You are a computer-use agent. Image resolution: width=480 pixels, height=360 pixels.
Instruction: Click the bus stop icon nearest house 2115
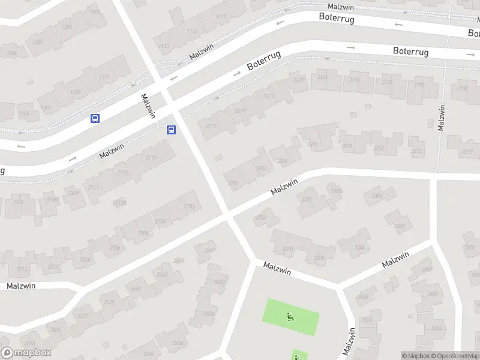point(171,130)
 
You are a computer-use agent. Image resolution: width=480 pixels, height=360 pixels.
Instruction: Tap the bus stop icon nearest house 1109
point(94,118)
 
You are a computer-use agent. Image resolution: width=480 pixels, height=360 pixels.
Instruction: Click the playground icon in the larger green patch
point(291,317)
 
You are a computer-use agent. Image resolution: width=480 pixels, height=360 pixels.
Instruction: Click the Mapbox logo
point(26,353)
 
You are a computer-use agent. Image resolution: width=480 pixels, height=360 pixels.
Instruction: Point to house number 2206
point(312,144)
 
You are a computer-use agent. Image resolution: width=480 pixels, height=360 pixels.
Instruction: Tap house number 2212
point(416,151)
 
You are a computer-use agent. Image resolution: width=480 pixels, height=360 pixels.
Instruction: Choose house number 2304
point(377,196)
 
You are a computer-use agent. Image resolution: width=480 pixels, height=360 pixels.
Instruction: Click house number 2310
point(288,248)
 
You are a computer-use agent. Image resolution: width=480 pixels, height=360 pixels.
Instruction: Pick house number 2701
point(190,206)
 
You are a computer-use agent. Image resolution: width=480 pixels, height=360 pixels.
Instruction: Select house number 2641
point(136,288)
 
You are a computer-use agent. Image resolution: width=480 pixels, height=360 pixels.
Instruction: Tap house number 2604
point(178,343)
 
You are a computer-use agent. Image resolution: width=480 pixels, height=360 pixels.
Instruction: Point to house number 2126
point(323,77)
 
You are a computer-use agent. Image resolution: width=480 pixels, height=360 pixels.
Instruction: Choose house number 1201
point(94,12)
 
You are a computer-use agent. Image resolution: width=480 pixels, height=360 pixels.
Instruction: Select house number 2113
point(122,173)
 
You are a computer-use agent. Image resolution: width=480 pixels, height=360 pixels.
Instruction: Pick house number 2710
point(54,266)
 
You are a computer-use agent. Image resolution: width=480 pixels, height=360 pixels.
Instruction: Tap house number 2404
point(436,328)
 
